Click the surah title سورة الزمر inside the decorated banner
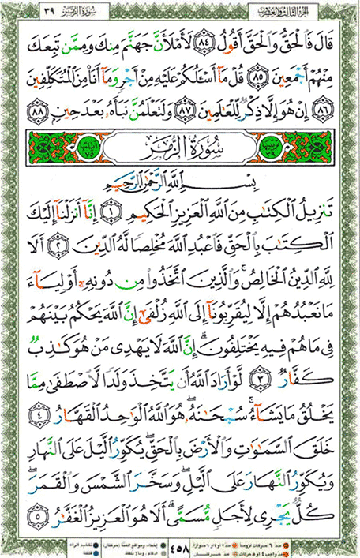click(x=180, y=149)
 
